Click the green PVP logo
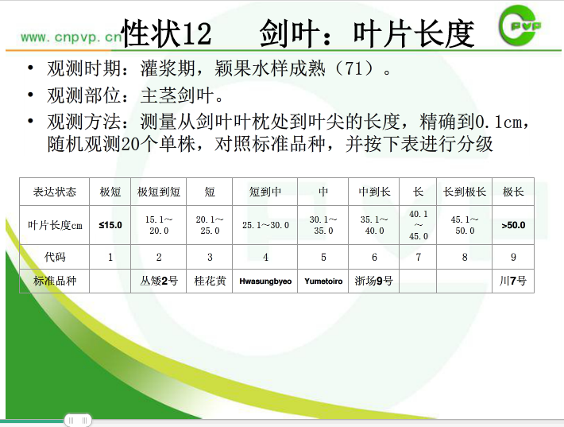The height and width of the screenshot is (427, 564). pyautogui.click(x=519, y=25)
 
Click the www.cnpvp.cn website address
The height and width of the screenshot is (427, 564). pyautogui.click(x=71, y=37)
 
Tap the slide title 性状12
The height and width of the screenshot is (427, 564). pyautogui.click(x=167, y=33)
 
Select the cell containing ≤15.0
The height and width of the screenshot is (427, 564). pyautogui.click(x=110, y=225)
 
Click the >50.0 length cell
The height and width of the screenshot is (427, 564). pyautogui.click(x=513, y=225)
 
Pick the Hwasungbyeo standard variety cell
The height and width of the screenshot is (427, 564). pyautogui.click(x=265, y=281)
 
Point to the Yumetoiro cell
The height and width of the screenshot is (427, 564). pyautogui.click(x=323, y=281)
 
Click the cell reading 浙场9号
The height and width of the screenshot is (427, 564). pyautogui.click(x=373, y=281)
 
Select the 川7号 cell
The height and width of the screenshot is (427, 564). pyautogui.click(x=513, y=281)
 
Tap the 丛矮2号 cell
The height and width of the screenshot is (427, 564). pyautogui.click(x=159, y=281)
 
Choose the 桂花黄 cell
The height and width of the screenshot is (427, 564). pyautogui.click(x=210, y=281)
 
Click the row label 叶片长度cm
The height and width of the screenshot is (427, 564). pyautogui.click(x=55, y=225)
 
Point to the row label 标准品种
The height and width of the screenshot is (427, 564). pyautogui.click(x=55, y=281)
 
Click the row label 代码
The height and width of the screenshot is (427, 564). pyautogui.click(x=55, y=257)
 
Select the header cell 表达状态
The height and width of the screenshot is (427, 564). pyautogui.click(x=55, y=192)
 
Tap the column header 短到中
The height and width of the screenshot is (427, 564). pyautogui.click(x=265, y=192)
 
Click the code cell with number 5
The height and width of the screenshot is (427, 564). pyautogui.click(x=323, y=257)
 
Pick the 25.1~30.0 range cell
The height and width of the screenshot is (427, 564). pyautogui.click(x=265, y=225)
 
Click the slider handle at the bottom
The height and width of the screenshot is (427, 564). pyautogui.click(x=78, y=420)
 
